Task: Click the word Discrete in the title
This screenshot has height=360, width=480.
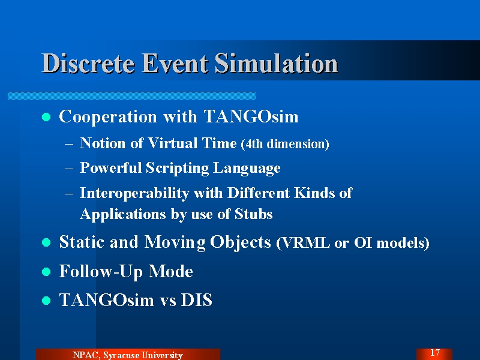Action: click(x=88, y=63)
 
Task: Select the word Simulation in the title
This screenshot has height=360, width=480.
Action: click(x=276, y=63)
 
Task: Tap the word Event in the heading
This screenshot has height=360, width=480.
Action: click(x=175, y=63)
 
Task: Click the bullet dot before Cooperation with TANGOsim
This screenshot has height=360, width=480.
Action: click(x=46, y=117)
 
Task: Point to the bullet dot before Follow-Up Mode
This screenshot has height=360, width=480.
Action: click(x=46, y=272)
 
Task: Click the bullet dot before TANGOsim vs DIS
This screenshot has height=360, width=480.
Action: click(x=46, y=301)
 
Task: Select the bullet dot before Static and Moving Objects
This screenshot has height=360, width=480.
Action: click(x=46, y=242)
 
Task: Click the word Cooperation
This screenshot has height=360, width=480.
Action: click(x=108, y=117)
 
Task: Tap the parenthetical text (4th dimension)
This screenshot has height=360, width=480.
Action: click(x=285, y=144)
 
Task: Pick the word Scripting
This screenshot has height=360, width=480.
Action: click(x=177, y=169)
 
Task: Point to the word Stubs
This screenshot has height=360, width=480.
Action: click(x=253, y=214)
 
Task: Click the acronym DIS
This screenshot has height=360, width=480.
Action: click(x=197, y=300)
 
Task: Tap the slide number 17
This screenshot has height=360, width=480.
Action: click(x=435, y=353)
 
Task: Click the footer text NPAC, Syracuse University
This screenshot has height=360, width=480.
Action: click(x=128, y=355)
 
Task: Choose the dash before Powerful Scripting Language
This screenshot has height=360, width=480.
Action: click(x=69, y=169)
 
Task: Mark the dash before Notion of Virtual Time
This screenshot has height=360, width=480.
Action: click(x=69, y=143)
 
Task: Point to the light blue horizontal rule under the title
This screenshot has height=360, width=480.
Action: click(x=131, y=96)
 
